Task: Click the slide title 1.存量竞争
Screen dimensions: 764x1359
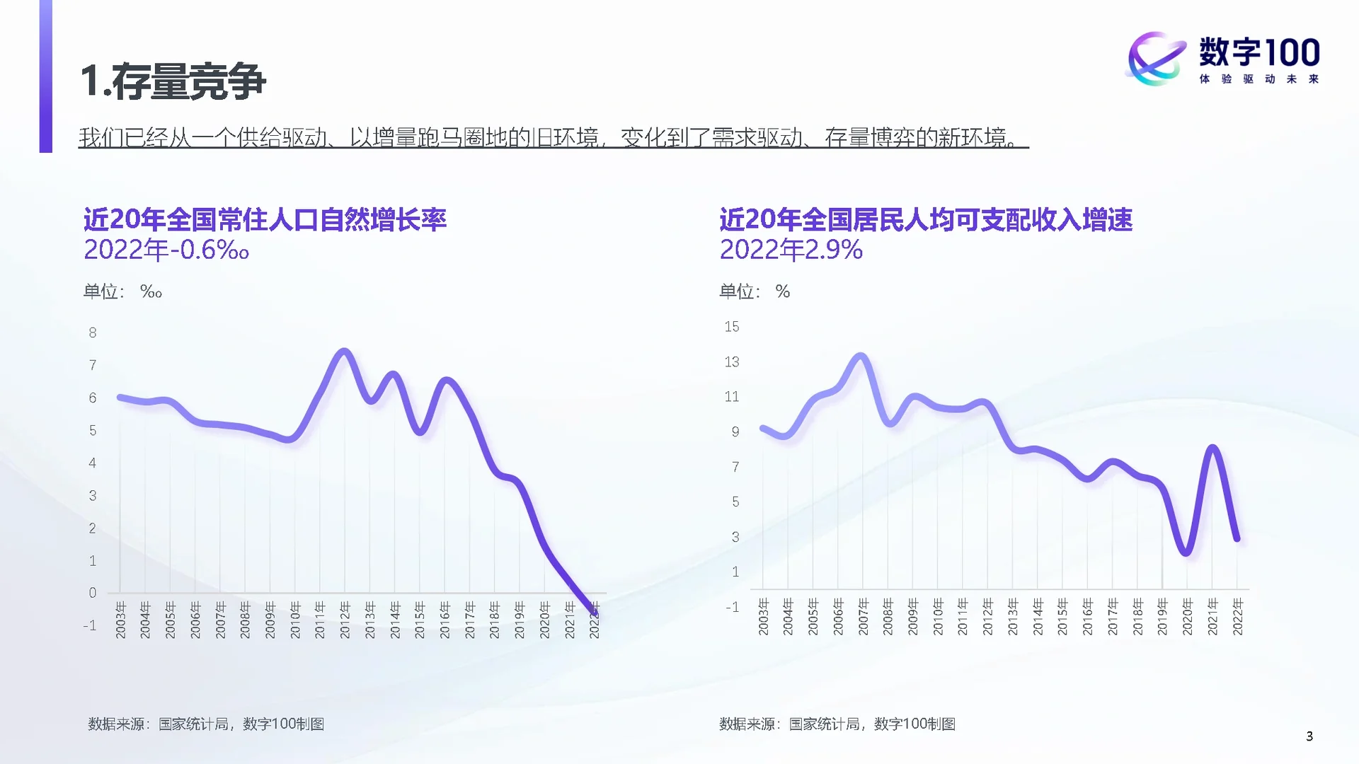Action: coord(173,81)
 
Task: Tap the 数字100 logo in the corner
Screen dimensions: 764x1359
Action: coord(1223,59)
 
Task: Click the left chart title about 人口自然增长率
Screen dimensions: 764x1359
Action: coord(265,220)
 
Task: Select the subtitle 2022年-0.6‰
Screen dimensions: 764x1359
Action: coord(166,250)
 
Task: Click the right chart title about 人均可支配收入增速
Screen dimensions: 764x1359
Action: coord(926,220)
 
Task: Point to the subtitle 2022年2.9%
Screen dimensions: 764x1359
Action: coord(791,250)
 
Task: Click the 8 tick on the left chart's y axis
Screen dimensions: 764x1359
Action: coord(93,332)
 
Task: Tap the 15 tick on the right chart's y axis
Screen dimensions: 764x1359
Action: coord(731,327)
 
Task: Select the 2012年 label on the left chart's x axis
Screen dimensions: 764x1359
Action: coord(345,620)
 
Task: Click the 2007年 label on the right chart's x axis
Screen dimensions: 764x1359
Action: coord(863,616)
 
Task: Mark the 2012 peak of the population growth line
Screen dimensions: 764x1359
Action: coord(345,351)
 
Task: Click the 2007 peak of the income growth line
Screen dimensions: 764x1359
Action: coord(861,356)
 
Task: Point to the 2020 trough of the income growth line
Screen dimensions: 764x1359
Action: coord(1187,552)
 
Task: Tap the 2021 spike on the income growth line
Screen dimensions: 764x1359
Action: coord(1212,448)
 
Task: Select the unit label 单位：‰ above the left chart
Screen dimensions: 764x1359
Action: coord(122,291)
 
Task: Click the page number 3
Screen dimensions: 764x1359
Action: coord(1309,736)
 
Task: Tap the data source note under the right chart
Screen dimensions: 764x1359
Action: coord(837,724)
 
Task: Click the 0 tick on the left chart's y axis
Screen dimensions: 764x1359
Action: coord(93,593)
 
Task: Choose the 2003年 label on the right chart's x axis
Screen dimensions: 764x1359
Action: coord(763,616)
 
